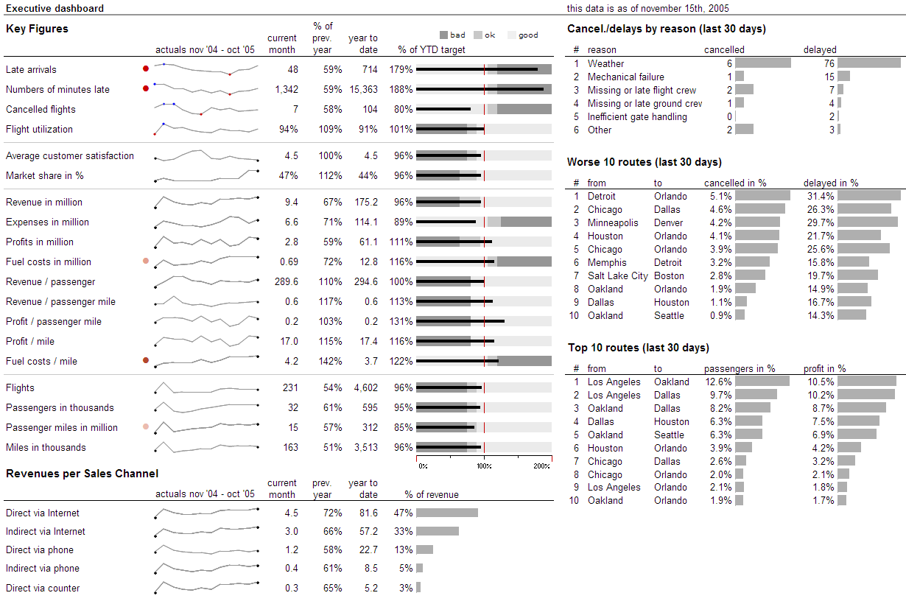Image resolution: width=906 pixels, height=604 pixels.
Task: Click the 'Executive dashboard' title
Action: coord(55,9)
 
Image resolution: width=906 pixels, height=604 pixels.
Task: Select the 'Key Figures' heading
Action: coord(37,29)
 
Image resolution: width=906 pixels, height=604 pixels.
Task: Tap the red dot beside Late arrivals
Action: coord(146,69)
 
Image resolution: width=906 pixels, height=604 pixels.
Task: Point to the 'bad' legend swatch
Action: coord(443,35)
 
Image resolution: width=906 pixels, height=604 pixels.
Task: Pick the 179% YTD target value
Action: coord(401,69)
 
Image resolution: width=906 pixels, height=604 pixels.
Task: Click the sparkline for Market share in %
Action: coord(206,175)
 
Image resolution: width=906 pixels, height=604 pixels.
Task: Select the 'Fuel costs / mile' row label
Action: coord(41,361)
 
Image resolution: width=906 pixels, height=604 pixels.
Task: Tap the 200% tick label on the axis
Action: coord(541,466)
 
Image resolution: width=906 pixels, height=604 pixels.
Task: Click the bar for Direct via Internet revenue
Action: coord(447,513)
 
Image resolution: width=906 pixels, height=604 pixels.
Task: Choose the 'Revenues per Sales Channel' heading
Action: coord(82,474)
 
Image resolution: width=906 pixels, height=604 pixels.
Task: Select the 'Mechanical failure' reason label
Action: coord(625,77)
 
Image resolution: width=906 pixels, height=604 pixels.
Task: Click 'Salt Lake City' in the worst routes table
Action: coord(617,275)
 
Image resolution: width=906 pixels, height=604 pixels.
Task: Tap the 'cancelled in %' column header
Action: coord(735,183)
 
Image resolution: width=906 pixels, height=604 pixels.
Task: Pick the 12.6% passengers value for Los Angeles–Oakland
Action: coord(718,382)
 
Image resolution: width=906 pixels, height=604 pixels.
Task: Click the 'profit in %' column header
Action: coord(824,368)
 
